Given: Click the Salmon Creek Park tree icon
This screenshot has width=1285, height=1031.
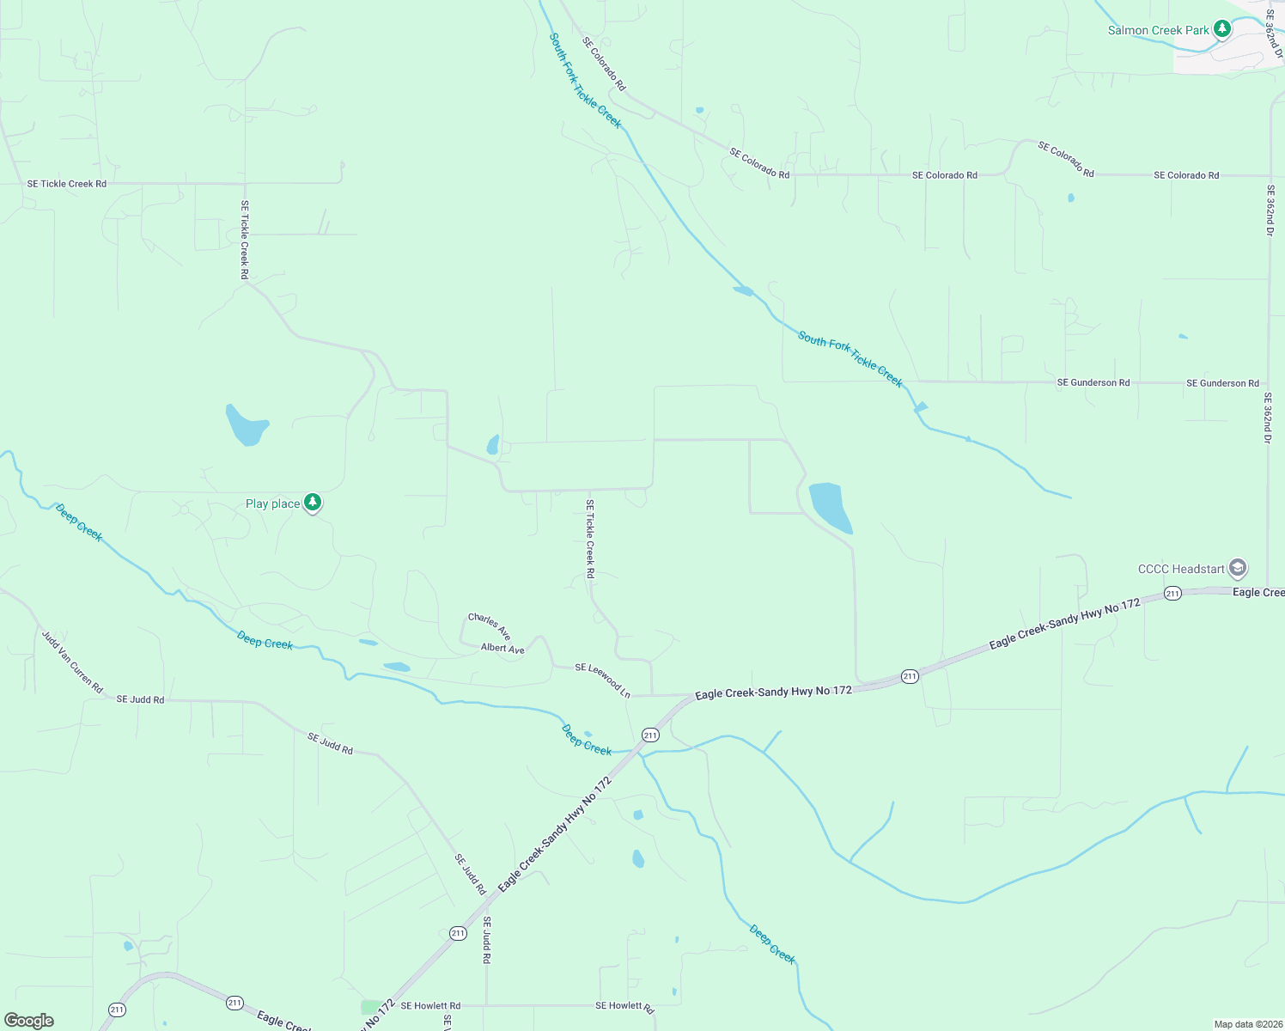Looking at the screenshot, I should coord(1221,29).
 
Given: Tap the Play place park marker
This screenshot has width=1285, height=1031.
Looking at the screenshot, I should coord(313,503).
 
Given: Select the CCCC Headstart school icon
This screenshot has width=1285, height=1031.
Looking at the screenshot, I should coord(1237,568).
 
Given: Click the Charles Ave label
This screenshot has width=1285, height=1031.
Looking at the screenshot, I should coord(490,626).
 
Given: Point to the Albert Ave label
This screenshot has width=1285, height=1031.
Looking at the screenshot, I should coord(502,649).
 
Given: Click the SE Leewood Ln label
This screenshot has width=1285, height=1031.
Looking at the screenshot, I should coord(602,680).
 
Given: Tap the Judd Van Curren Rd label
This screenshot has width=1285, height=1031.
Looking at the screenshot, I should coord(72,662).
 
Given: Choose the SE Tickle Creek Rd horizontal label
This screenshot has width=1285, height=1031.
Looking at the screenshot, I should coord(67,184).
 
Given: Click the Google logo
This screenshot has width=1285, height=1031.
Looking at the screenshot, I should coord(29,1021).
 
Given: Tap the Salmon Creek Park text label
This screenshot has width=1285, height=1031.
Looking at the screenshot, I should coord(1158,31).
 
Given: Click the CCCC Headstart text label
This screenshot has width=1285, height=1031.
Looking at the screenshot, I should coord(1181,569).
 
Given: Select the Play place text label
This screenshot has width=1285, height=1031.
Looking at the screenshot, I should coord(272,504).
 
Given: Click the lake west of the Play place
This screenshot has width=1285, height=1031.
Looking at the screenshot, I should coord(247,425).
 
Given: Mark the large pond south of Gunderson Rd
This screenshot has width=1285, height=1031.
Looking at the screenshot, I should coord(830,506).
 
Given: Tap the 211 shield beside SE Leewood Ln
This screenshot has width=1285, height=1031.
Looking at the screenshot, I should coord(650,735).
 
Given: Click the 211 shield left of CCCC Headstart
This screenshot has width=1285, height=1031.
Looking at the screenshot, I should coord(1172,594).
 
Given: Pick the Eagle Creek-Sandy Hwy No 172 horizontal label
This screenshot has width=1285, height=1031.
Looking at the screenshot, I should coord(773,692).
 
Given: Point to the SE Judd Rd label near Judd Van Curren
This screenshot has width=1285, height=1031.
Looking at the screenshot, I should coord(140,699).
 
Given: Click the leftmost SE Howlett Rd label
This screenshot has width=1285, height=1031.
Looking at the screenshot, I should coord(430,1005).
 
